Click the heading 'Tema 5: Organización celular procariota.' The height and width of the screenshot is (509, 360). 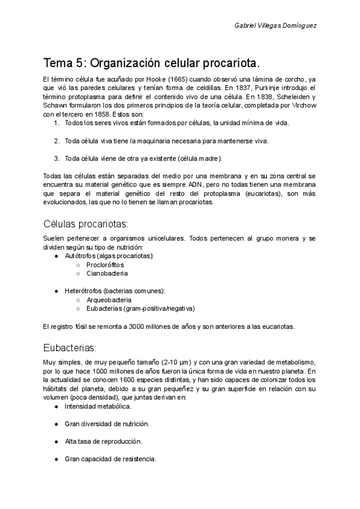coord(151,63)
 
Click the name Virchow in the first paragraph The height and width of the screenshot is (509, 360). coord(302,105)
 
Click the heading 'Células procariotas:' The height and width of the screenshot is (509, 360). coord(86,224)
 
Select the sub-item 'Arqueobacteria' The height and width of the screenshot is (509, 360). coord(109,300)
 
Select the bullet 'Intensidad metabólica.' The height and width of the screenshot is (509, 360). coord(97,406)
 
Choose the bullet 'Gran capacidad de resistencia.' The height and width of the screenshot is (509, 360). coord(110,459)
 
